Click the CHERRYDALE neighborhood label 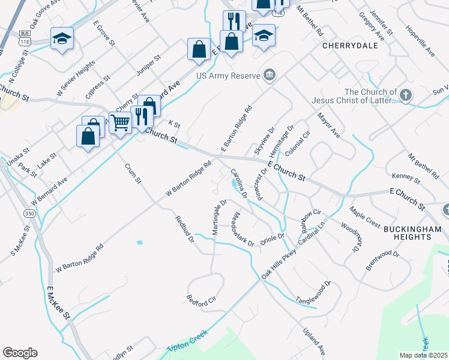[x=345, y=45]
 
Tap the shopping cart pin [x=121, y=123]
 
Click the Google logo [x=20, y=352]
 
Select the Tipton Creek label [x=187, y=341]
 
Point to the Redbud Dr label [x=185, y=229]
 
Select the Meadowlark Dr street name [x=243, y=229]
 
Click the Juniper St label [x=149, y=66]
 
